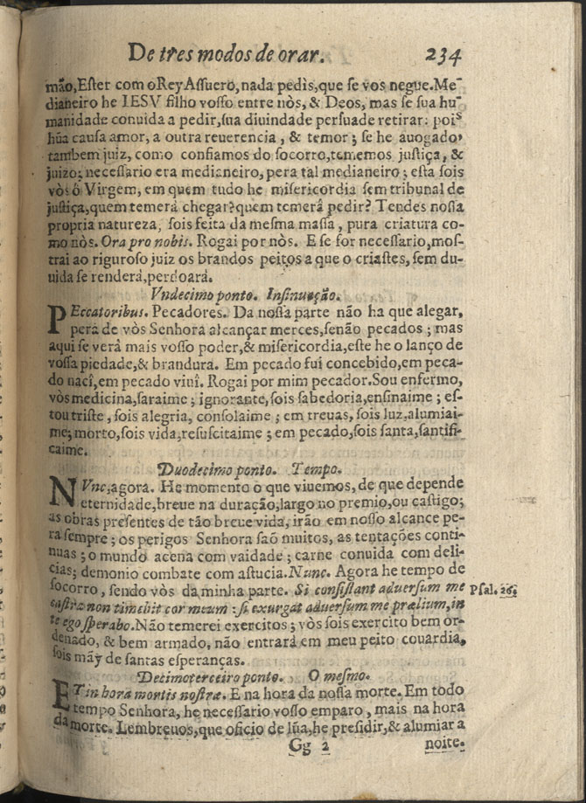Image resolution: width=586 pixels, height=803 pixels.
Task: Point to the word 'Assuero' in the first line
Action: [x=213, y=87]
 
